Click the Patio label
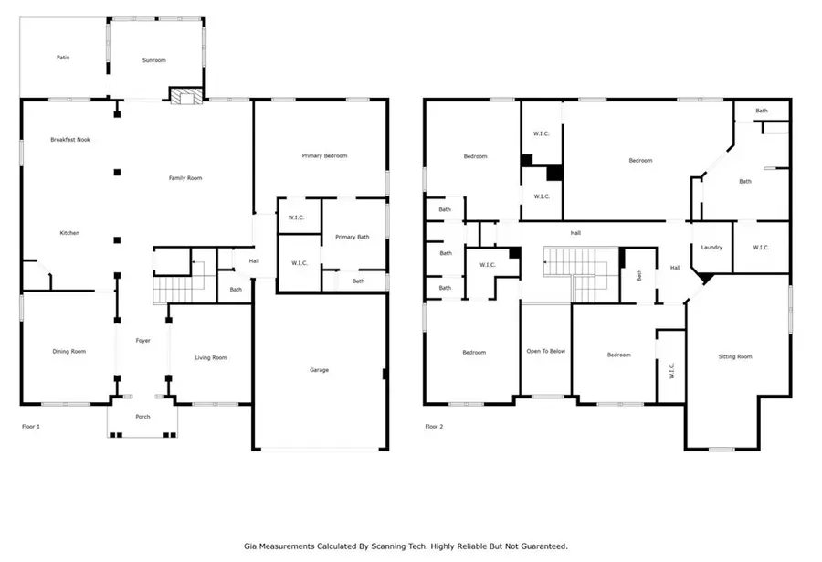pos(63,58)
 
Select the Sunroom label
pos(153,60)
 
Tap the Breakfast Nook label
pos(69,140)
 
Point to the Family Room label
pos(185,178)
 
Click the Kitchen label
pos(69,233)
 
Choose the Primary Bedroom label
pos(324,156)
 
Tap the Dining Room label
pos(68,351)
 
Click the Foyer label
pos(142,341)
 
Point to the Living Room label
pos(211,357)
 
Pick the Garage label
pos(319,370)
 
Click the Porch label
pos(142,417)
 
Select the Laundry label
pos(712,248)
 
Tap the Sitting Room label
pos(735,356)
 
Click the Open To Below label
pos(545,352)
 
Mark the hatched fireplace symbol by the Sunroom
pos(185,97)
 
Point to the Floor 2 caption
pos(435,426)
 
